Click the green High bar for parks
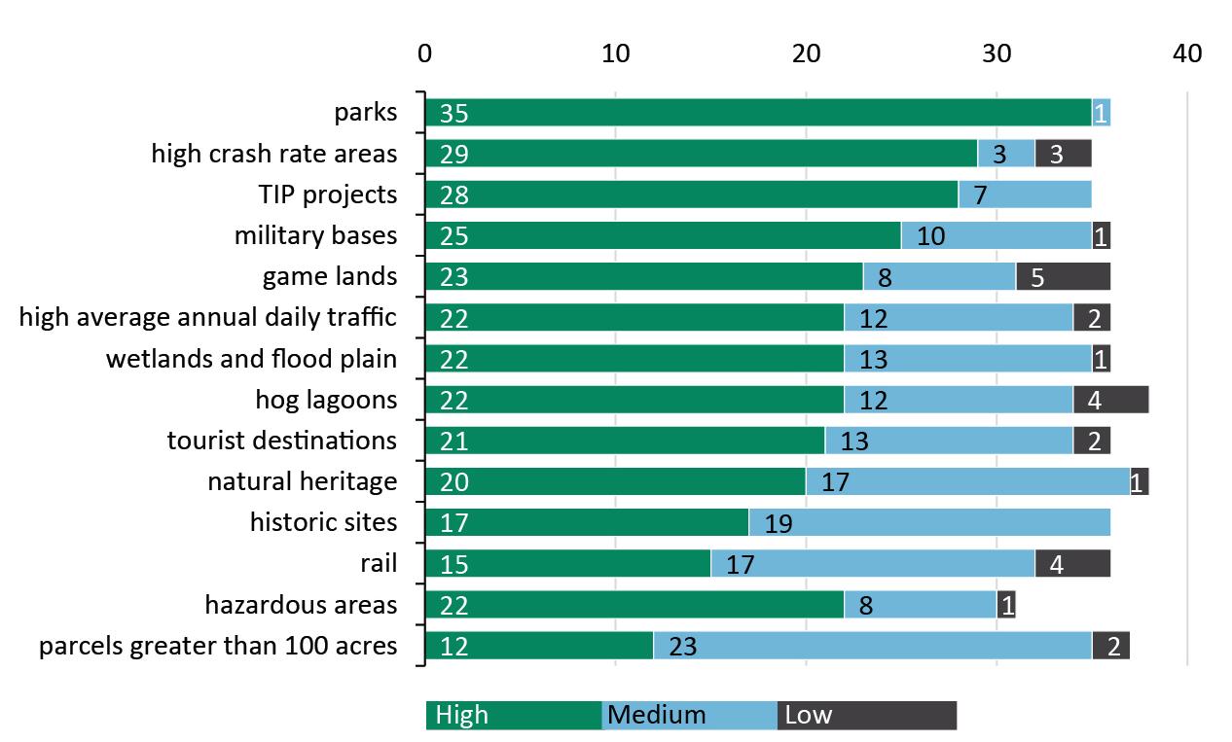(759, 113)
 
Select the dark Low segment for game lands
(1063, 277)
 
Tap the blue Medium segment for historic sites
(929, 523)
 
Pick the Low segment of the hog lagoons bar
(1110, 400)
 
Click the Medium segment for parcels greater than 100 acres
(872, 646)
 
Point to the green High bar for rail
(568, 564)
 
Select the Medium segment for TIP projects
(1025, 194)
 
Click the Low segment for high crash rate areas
(1063, 154)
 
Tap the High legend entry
(514, 716)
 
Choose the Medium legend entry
(689, 716)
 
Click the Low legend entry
(866, 716)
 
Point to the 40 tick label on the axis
(1187, 53)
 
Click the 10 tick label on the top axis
(615, 53)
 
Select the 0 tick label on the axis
(425, 53)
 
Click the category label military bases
(315, 235)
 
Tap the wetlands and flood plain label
(251, 359)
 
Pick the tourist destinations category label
(282, 441)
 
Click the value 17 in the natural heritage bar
(835, 482)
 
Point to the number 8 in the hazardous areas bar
(864, 606)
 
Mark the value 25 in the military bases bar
(454, 236)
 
